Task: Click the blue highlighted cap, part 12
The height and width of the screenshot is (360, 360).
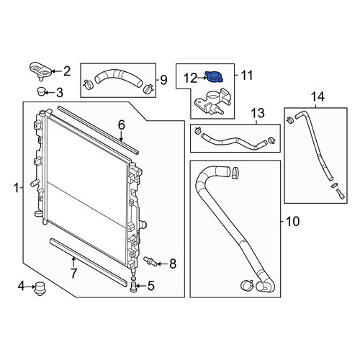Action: coord(214,77)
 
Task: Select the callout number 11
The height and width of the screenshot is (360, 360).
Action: coord(247,75)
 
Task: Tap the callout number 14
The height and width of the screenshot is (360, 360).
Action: coord(318,97)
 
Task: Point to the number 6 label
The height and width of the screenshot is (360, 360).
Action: coord(122,125)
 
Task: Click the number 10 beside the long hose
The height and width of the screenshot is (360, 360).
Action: coord(292,221)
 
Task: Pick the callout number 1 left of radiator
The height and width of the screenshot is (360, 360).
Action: coord(16,188)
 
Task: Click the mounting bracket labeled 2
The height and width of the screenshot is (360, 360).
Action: coord(40,71)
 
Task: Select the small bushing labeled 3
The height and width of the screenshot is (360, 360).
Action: coord(40,91)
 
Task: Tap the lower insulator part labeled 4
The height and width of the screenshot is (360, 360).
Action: coord(40,288)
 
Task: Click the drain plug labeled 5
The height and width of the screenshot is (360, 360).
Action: coord(133,287)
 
